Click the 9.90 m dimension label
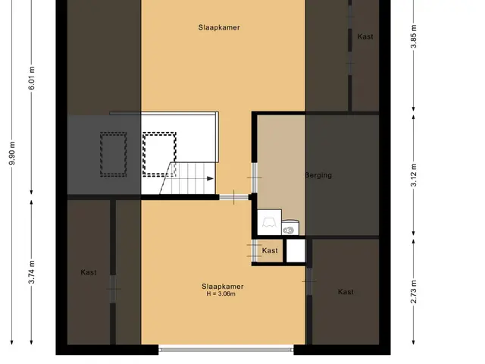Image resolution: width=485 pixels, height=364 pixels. pos(12,153)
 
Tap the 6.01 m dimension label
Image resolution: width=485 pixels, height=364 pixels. pos(32,78)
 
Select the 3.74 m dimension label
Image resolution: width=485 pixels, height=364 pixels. pos(32,272)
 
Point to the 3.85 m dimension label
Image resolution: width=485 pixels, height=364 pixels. pos(414,36)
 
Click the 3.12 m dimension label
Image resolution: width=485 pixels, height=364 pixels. pos(414,174)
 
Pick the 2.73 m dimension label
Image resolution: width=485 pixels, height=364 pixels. pos(414,291)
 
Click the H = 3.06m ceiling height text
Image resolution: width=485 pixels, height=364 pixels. pos(221,294)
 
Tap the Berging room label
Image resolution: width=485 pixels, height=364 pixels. pos(318,175)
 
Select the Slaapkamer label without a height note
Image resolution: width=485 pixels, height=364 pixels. pos(219,27)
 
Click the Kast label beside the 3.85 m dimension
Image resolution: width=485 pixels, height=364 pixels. pos(365,36)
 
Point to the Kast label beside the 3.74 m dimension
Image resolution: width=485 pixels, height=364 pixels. pos(89,272)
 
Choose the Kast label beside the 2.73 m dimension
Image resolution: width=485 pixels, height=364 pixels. pos(346,292)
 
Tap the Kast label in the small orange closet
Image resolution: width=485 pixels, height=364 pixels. pos(270,250)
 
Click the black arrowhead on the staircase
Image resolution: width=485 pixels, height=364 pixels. pos(211,179)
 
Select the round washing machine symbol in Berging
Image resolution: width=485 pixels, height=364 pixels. pos(290,228)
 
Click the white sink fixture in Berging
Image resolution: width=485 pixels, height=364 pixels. pos(269,222)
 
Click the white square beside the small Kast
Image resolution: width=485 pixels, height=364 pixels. pos(296,251)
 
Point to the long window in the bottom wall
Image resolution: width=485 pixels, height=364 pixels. pos(226,350)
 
